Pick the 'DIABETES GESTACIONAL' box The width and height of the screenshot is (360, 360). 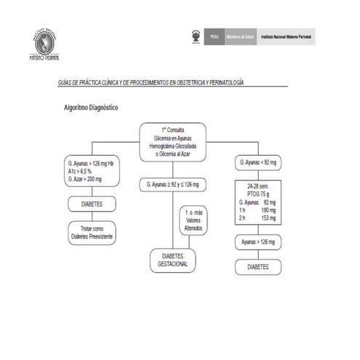(172, 260)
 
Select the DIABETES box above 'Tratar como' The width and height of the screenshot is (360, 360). (92, 204)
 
